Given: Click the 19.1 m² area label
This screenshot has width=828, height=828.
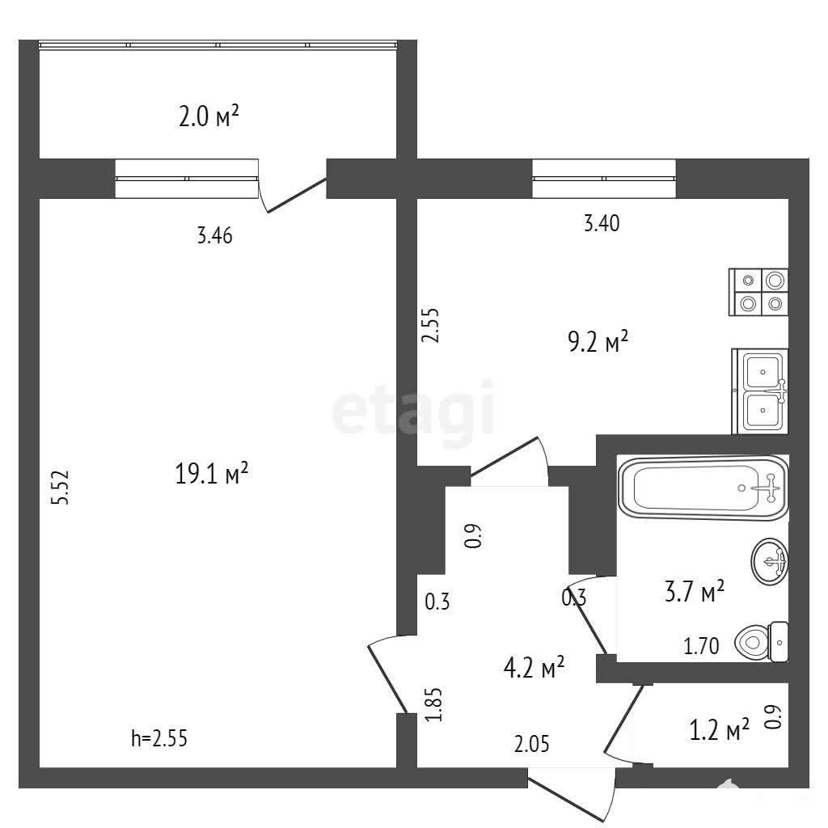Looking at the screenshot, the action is click(x=211, y=473).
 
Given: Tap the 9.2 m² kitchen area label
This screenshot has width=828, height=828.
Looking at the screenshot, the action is click(x=598, y=341).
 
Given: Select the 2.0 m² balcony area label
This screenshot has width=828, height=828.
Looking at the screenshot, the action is click(x=209, y=116).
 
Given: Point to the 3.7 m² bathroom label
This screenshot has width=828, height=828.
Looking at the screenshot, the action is click(x=695, y=591).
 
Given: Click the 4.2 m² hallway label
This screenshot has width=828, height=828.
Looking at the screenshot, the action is click(x=534, y=667).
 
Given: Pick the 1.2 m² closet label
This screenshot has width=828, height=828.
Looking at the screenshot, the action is click(x=719, y=729).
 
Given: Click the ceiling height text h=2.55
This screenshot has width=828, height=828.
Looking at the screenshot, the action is click(x=159, y=738).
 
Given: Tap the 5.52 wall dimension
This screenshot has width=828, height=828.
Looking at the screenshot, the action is click(x=60, y=488).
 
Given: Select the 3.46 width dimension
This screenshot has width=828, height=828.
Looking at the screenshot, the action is click(x=214, y=235).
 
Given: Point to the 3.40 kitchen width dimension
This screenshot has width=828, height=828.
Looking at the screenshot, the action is click(x=602, y=223).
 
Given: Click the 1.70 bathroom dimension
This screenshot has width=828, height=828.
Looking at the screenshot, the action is click(x=701, y=646).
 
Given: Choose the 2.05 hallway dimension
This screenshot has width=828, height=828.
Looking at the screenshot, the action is click(x=532, y=744).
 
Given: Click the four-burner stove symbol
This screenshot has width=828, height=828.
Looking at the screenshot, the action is click(x=758, y=292).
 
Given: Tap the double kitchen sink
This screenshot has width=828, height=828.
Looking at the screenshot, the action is click(x=760, y=391).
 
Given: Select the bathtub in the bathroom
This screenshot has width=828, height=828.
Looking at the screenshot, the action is click(x=703, y=488).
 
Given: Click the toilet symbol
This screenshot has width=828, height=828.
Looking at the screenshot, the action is click(x=761, y=641).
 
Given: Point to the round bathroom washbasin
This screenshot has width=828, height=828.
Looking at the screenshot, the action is click(x=770, y=561).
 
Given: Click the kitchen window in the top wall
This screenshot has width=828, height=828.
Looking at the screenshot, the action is click(x=604, y=179).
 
